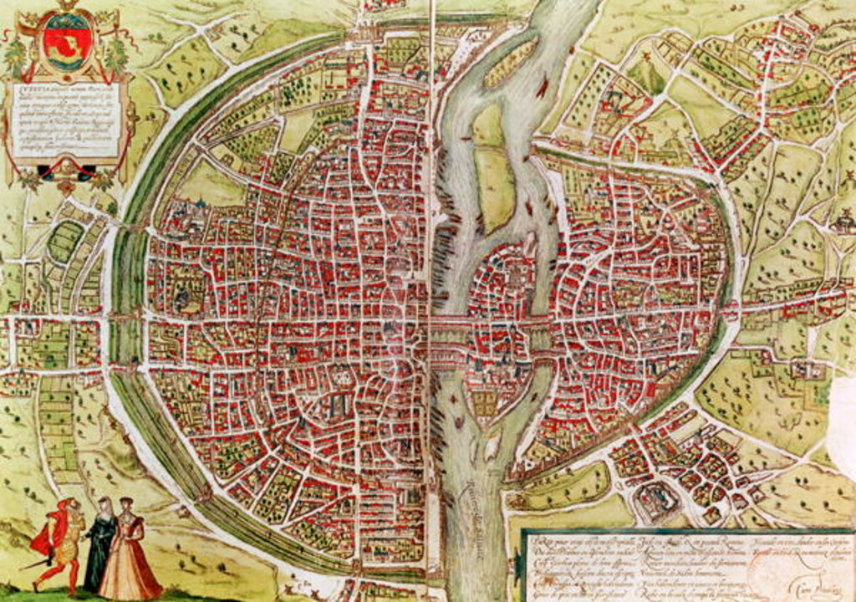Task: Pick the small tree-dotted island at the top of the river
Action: [510, 64]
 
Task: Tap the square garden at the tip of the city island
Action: [485, 405]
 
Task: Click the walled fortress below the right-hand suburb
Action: [657, 502]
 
